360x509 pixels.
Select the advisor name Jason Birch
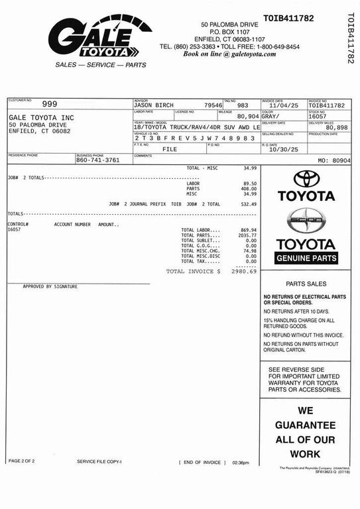(153, 105)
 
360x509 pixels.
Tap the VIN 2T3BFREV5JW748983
(194, 138)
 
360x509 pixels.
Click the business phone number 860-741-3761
(97, 160)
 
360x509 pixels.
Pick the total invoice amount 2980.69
(244, 271)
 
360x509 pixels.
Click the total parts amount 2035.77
(247, 235)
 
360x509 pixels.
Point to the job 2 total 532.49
(249, 204)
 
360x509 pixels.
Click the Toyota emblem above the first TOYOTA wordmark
(306, 178)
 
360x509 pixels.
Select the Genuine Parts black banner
(306, 258)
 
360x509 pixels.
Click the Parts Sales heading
(306, 283)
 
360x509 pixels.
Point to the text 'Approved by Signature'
(50, 286)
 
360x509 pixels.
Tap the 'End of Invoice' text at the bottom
(202, 462)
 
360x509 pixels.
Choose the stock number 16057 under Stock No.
(319, 116)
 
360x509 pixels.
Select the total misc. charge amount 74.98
(249, 251)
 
